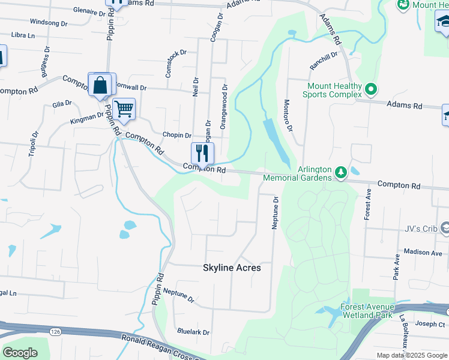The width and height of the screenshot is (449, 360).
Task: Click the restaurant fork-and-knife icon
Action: (202, 153)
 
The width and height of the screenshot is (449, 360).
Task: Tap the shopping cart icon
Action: (124, 110)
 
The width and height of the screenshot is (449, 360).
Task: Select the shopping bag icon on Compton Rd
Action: (100, 85)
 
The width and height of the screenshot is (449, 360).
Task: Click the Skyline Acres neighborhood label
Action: (232, 268)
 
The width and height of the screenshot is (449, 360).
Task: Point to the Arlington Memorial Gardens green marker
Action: (341, 173)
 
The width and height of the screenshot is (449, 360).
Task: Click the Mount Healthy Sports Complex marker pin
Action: (371, 90)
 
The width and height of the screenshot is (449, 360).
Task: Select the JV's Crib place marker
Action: (445, 227)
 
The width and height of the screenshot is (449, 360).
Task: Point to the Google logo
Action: (20, 352)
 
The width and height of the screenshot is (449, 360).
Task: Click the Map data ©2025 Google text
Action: (412, 355)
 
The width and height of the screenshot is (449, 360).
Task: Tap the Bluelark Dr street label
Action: (193, 332)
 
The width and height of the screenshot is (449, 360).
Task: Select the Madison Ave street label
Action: (423, 253)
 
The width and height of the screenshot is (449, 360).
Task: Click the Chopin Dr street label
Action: (177, 136)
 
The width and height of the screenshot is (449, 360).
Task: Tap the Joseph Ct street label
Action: (430, 324)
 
